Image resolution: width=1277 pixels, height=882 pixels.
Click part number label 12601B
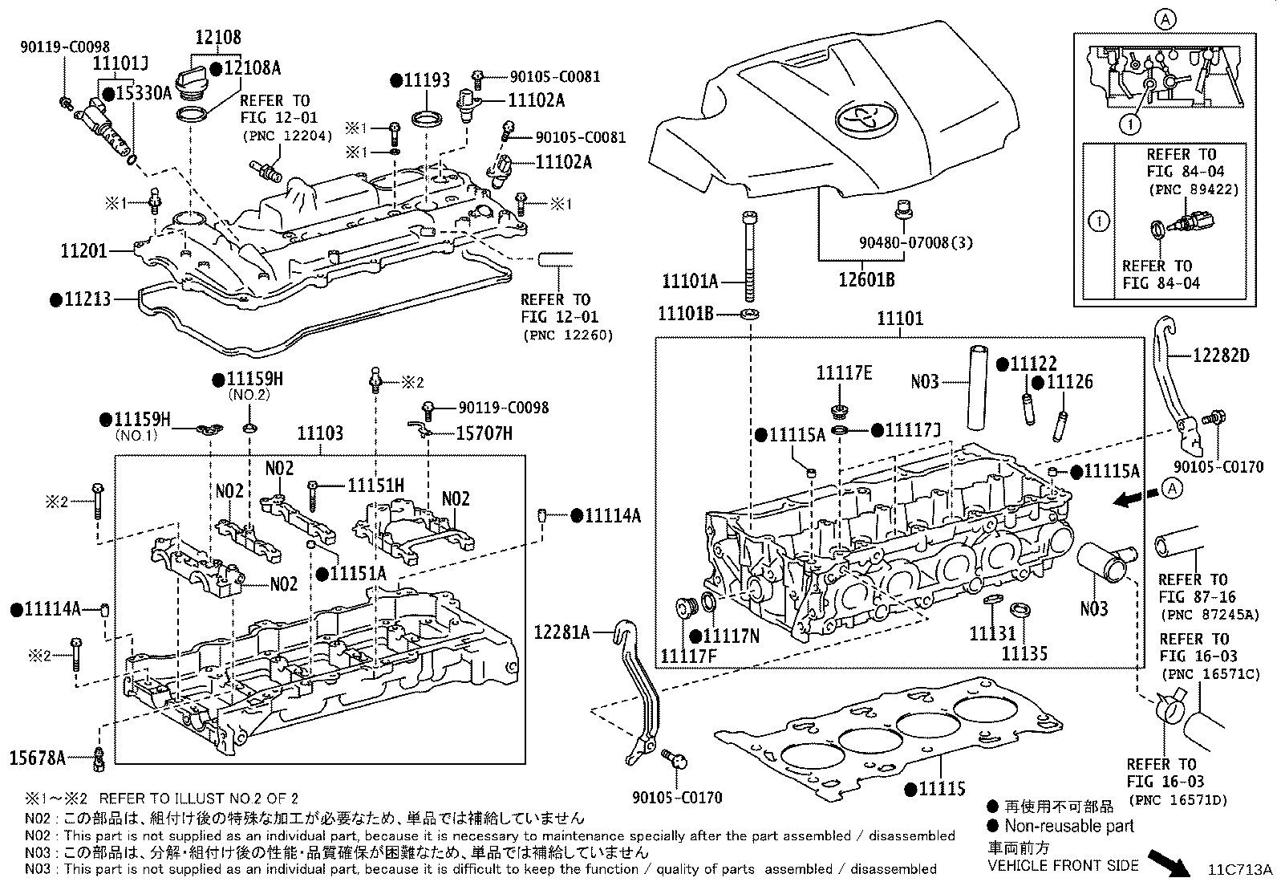coord(866,280)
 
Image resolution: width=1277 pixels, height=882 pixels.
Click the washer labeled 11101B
coord(750,312)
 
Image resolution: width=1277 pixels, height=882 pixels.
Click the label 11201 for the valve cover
coord(83,251)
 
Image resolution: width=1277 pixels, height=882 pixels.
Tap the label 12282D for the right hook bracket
coord(1220,355)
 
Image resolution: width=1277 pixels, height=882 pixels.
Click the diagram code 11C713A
coord(1242,870)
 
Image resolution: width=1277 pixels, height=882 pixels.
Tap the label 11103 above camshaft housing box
coord(320,434)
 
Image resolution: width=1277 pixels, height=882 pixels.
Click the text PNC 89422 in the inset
coord(1193,189)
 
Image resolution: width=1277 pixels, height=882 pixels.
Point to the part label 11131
coord(992,634)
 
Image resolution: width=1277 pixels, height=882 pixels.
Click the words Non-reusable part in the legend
coord(1069,826)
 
